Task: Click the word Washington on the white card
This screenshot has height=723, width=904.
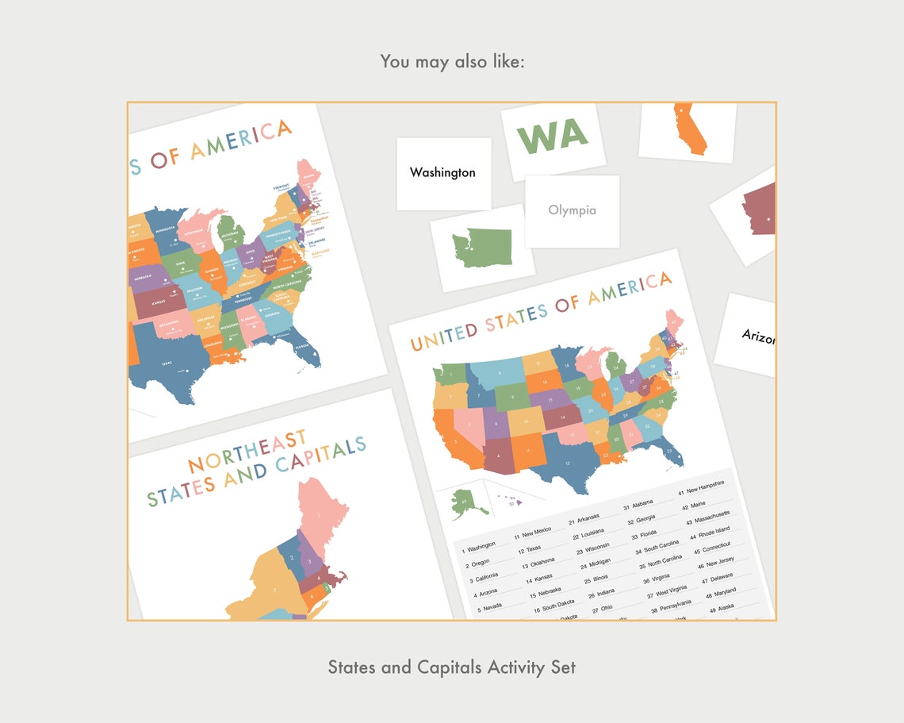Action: pyautogui.click(x=442, y=172)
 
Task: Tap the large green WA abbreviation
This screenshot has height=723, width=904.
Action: pyautogui.click(x=553, y=136)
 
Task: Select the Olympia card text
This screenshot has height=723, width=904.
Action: pyautogui.click(x=572, y=210)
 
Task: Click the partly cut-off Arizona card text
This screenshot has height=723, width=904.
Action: pyautogui.click(x=758, y=337)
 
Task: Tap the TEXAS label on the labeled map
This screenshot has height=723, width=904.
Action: pyautogui.click(x=166, y=363)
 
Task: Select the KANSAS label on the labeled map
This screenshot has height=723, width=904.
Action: pyautogui.click(x=159, y=302)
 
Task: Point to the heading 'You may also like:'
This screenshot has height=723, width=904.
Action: pyautogui.click(x=452, y=61)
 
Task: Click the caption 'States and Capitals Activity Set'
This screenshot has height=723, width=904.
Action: pyautogui.click(x=452, y=667)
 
